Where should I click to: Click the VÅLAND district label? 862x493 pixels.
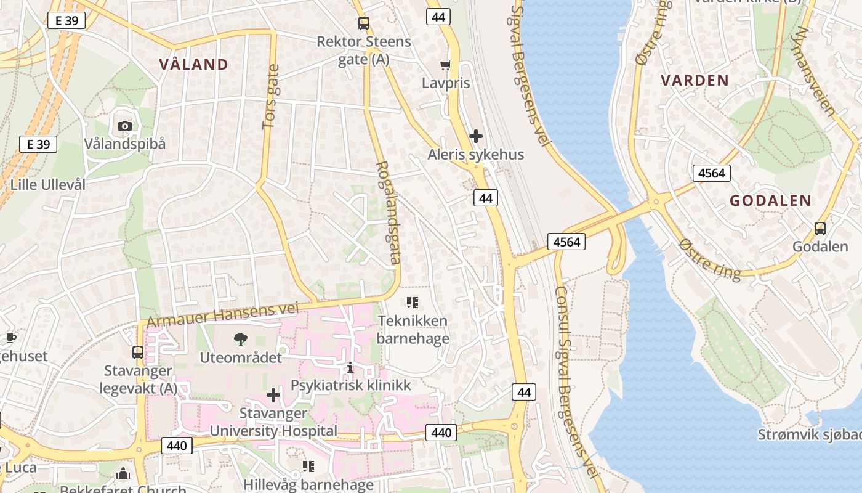[x=193, y=65]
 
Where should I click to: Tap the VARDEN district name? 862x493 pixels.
[x=695, y=80]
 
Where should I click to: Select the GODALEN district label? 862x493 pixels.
[x=770, y=200]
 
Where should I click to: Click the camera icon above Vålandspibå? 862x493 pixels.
[x=125, y=126]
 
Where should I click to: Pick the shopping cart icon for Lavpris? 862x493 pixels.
[x=446, y=65]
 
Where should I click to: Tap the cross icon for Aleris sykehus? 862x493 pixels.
[x=475, y=136]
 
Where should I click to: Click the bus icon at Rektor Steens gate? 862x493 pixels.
[x=364, y=24]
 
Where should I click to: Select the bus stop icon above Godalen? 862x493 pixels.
[x=820, y=229]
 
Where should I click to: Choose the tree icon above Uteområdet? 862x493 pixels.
[x=241, y=339]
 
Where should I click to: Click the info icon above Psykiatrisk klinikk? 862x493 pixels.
[x=350, y=367]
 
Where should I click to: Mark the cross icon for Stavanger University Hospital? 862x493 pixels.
[x=273, y=395]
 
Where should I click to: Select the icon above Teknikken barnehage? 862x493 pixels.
[x=413, y=303]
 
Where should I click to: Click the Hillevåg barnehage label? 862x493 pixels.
[x=308, y=484]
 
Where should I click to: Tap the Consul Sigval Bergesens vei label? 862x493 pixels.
[x=575, y=382]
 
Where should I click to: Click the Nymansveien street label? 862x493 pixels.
[x=815, y=71]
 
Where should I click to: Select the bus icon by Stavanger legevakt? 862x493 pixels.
[x=138, y=352]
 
